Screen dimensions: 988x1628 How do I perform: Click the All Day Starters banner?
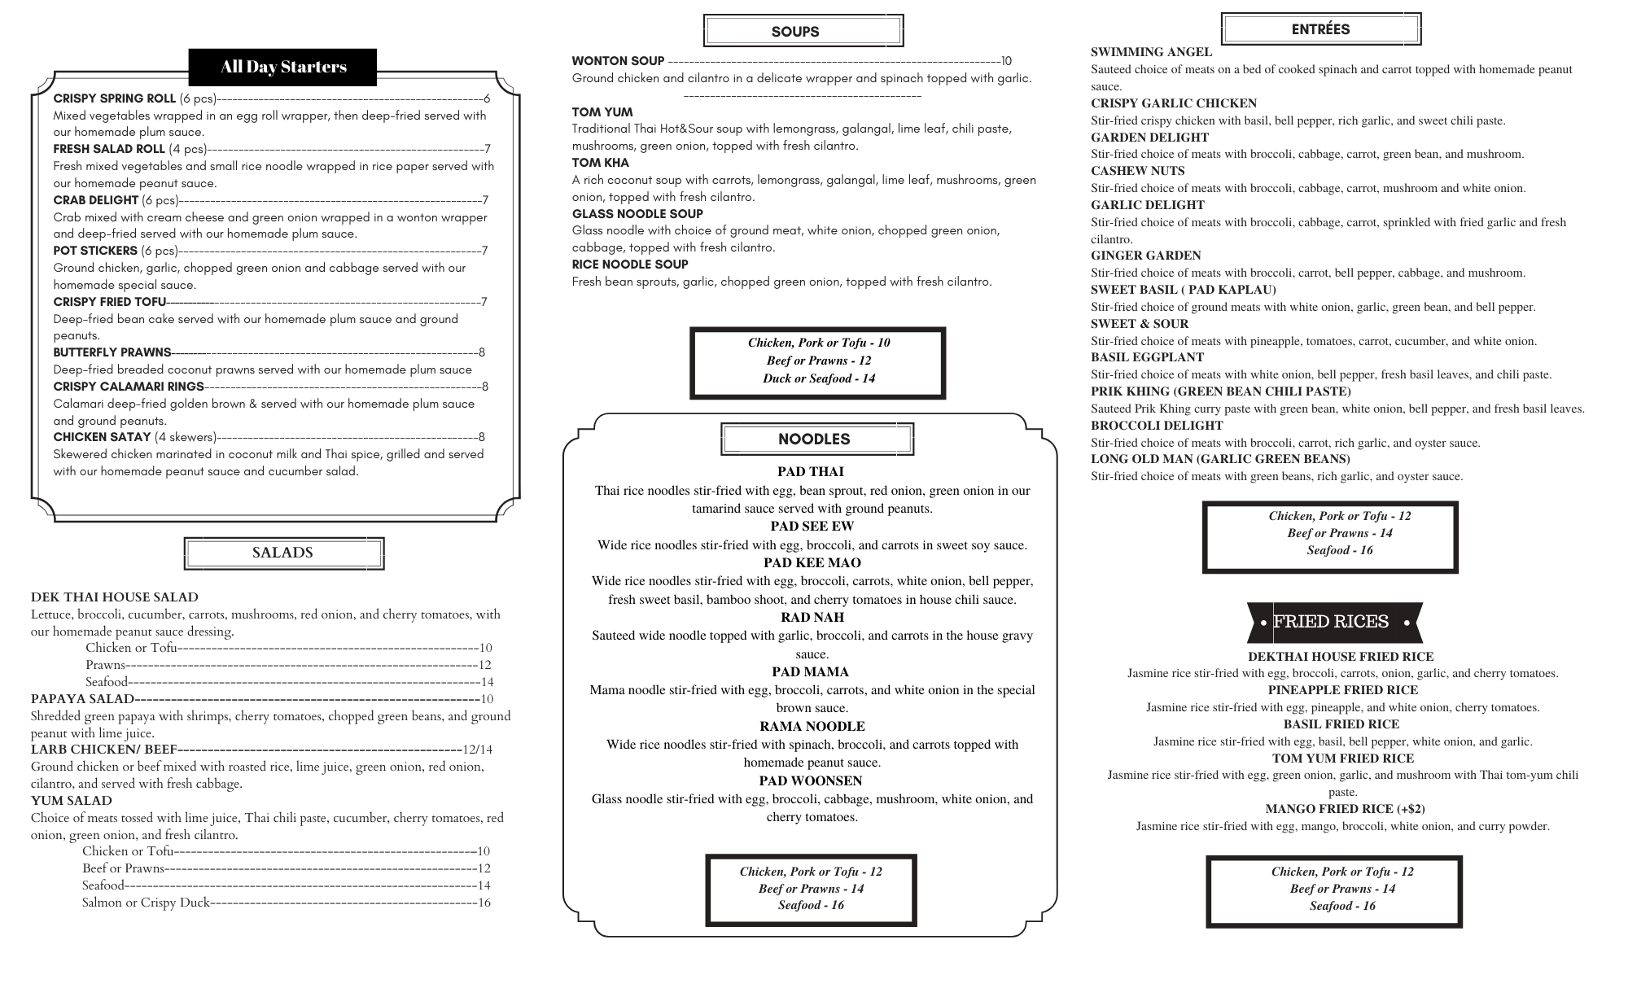coord(282,67)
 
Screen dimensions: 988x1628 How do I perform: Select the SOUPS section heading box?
coord(803,31)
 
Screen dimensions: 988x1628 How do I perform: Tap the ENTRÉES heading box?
coord(1320,29)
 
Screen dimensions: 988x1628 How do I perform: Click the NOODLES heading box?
coord(816,439)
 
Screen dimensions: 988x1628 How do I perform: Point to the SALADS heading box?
coord(283,553)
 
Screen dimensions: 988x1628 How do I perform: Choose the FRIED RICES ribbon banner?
coord(1334,623)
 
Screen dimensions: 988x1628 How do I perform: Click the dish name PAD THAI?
coord(810,472)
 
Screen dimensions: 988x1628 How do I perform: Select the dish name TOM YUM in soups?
coord(602,112)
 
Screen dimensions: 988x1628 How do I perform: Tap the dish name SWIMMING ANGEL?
coord(1151,52)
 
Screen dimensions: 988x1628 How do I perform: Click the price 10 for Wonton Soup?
coord(1006,61)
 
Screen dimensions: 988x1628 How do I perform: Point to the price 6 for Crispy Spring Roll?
coord(487,98)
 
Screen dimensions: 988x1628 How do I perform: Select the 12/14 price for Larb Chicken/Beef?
coord(477,750)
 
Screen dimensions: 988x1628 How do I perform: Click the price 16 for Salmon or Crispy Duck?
coord(484,903)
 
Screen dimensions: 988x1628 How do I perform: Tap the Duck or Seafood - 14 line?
coord(818,378)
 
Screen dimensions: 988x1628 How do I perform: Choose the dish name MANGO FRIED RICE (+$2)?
coord(1345,809)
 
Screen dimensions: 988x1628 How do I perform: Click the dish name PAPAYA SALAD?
coord(82,699)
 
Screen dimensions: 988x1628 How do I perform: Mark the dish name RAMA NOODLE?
coord(812,727)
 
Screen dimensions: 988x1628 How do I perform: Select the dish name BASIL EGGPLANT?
coord(1147,357)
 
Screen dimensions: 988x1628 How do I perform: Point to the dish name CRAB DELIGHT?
coord(95,200)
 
